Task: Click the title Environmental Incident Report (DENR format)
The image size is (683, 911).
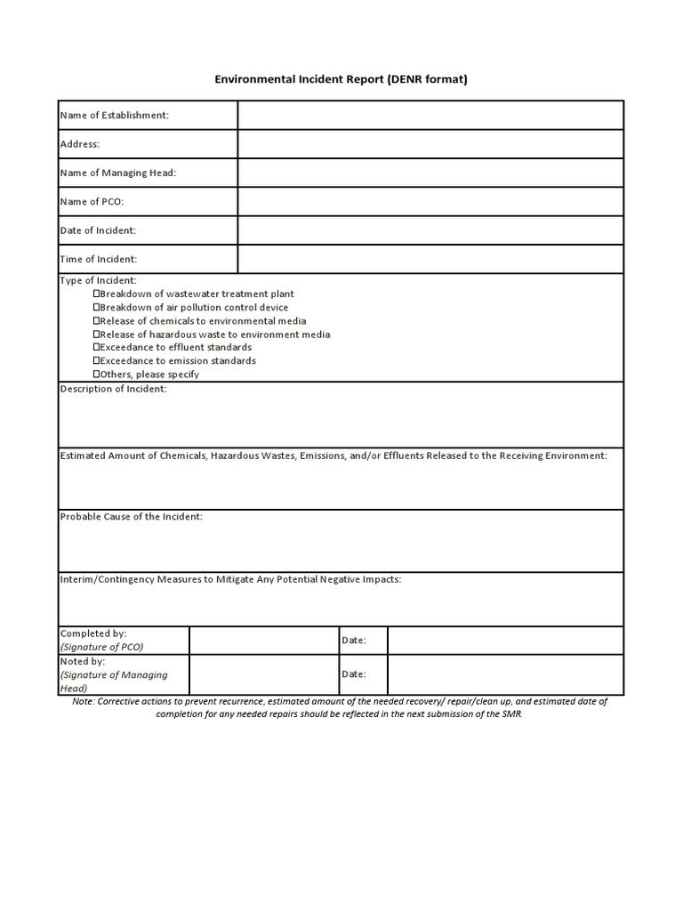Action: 341,79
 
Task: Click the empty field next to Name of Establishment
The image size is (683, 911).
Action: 430,115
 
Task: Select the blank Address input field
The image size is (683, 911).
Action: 430,144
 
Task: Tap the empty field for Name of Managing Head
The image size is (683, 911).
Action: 430,173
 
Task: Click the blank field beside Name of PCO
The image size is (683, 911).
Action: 430,202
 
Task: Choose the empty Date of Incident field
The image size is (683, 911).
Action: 430,230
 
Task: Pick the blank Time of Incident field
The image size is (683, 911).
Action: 430,259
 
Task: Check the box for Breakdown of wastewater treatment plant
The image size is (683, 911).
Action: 97,294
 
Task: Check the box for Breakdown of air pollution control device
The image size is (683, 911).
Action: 97,307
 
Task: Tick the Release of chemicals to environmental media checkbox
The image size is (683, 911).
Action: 97,320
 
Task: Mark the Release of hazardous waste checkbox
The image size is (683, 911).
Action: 97,335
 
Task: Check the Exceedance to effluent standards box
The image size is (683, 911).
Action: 97,347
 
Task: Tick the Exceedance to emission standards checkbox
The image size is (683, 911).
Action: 97,361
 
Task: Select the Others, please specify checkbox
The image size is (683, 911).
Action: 97,375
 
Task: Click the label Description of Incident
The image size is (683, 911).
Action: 113,389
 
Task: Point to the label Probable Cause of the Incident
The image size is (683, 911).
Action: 131,517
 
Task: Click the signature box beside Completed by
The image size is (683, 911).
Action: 263,641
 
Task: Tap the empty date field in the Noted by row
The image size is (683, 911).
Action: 505,674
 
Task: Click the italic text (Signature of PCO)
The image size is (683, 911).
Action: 101,647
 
